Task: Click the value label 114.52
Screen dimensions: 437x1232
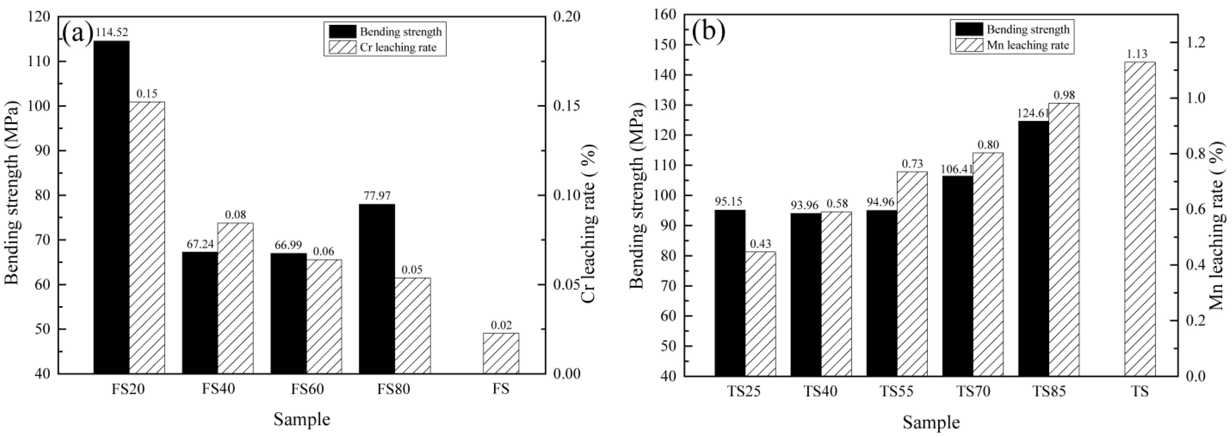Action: tap(112, 32)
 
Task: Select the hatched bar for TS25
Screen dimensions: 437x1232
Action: tap(761, 314)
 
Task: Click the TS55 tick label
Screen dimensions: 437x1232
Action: tap(897, 392)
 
